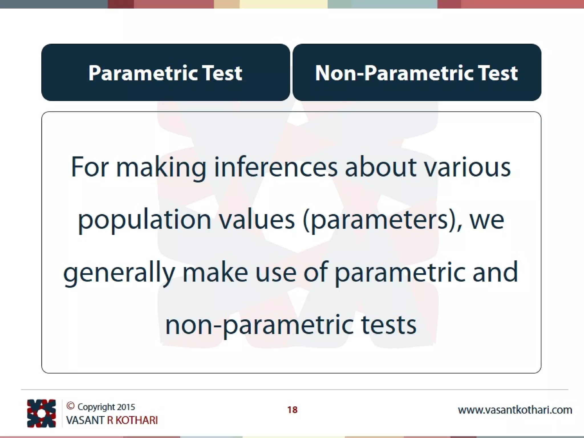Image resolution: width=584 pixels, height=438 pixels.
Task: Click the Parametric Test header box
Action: [x=165, y=72]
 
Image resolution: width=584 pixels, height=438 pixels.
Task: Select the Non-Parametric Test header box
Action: [x=417, y=72]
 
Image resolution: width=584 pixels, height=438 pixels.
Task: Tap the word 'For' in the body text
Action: [x=90, y=167]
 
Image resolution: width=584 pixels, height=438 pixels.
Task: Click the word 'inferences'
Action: [x=275, y=167]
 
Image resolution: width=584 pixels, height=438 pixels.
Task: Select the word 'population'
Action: [x=144, y=220]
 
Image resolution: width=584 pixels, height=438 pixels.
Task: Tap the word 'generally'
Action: [x=119, y=273]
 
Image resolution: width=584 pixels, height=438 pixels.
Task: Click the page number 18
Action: [x=292, y=410]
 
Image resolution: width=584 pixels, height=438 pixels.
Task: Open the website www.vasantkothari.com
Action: [x=515, y=410]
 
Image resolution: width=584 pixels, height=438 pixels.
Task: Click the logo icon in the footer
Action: [x=41, y=413]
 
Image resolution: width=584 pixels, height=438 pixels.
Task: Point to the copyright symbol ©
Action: [x=70, y=406]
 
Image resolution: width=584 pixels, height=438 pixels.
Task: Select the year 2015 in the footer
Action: [x=126, y=407]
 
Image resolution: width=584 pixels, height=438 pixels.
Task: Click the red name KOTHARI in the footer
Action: [x=136, y=420]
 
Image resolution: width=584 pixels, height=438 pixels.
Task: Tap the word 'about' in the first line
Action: [x=380, y=167]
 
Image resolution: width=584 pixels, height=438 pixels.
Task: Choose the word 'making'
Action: [x=161, y=167]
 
